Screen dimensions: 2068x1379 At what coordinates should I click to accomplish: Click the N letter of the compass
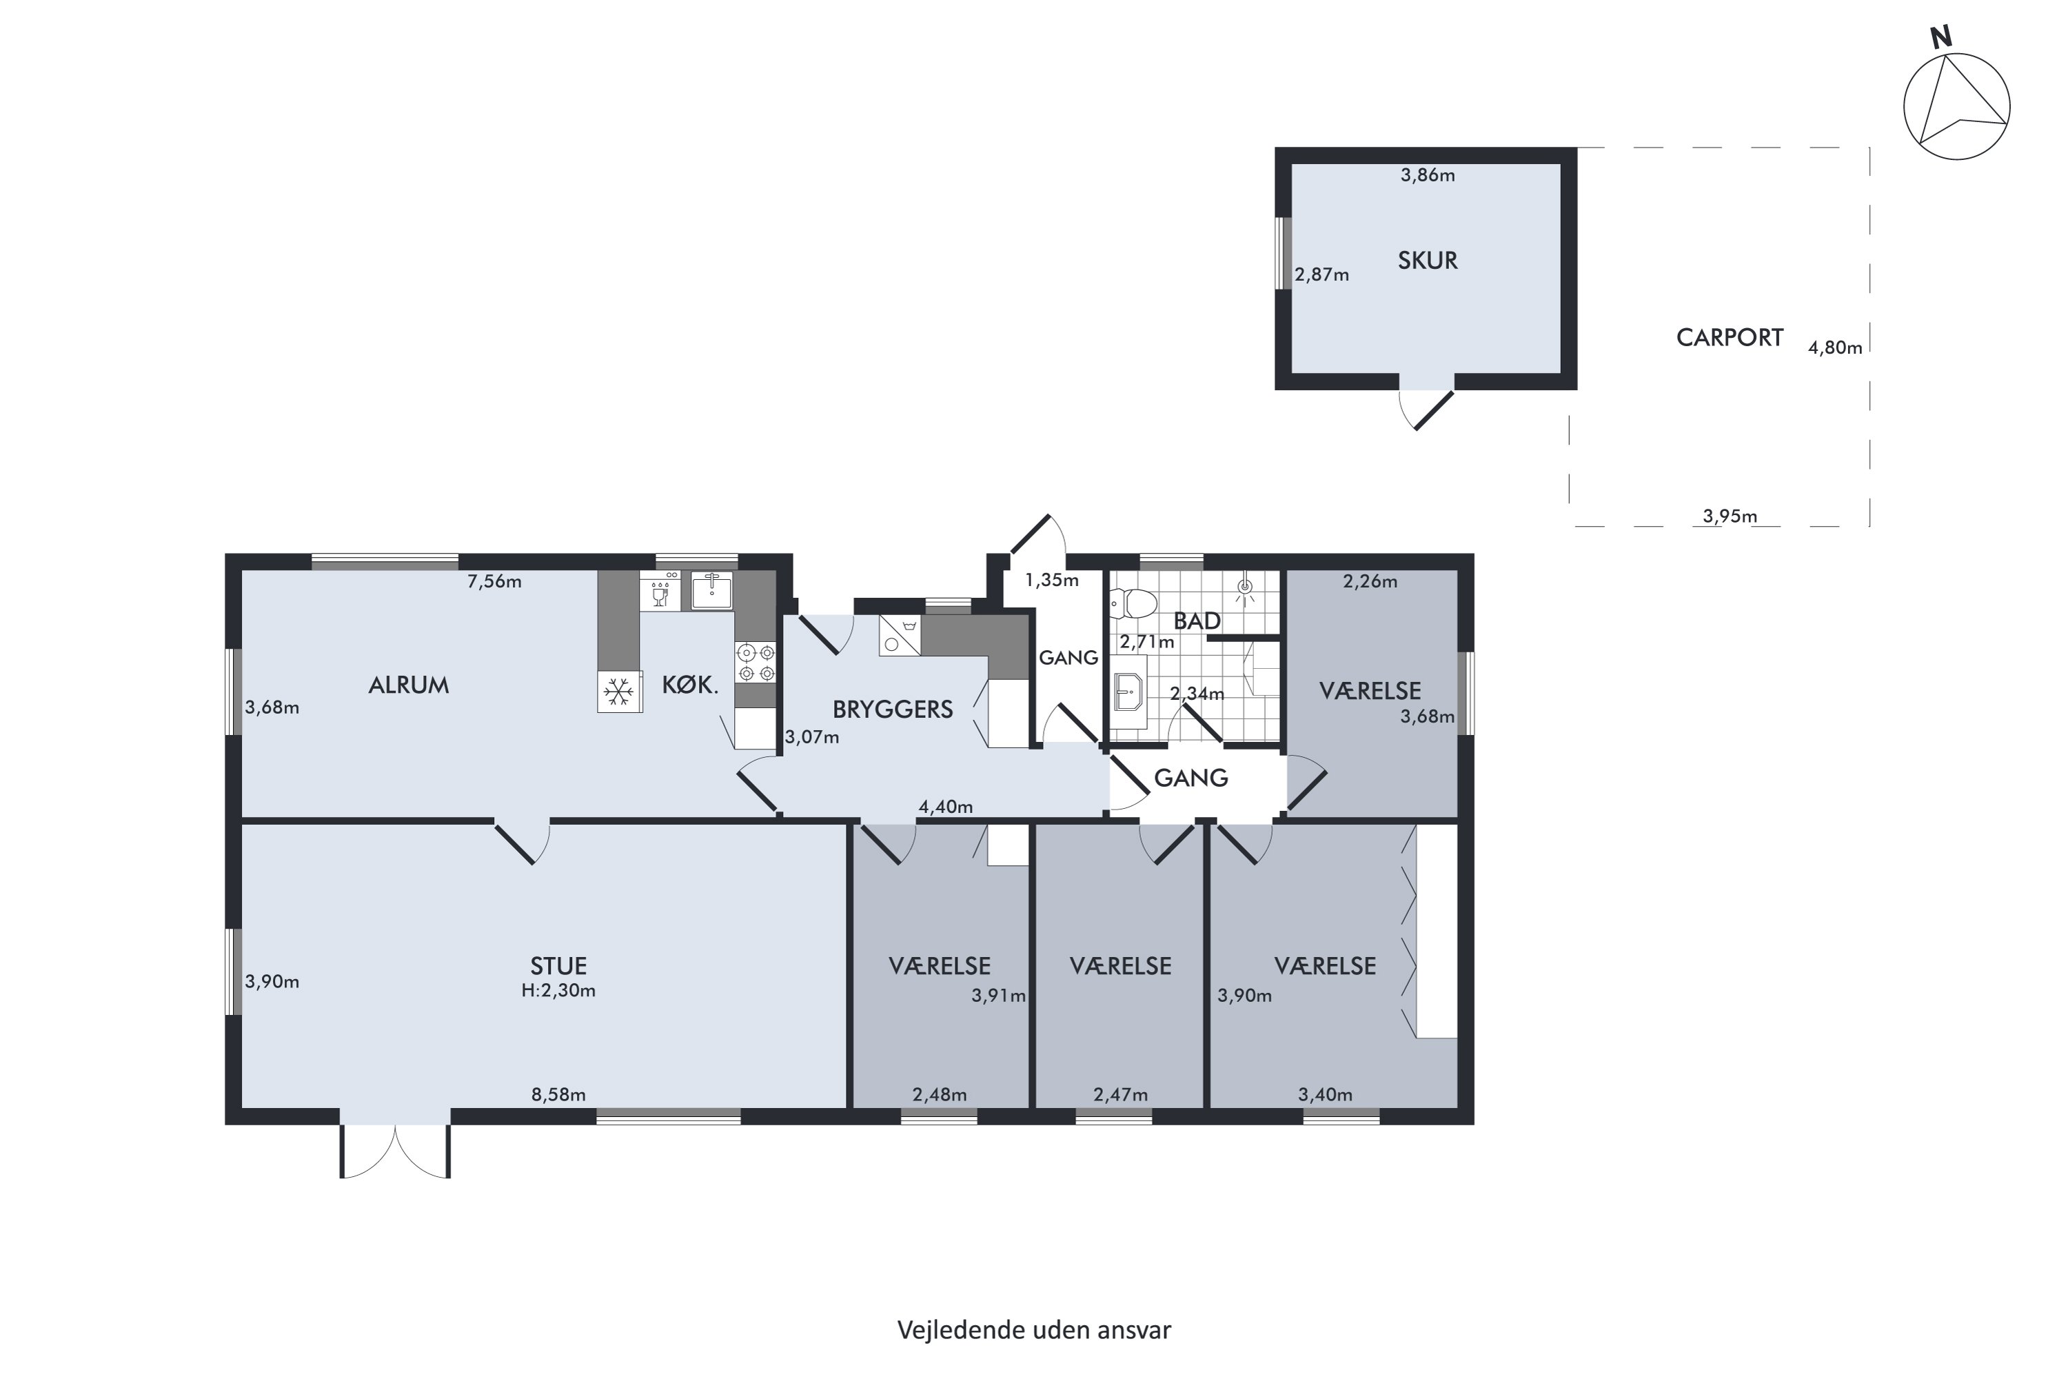(1940, 37)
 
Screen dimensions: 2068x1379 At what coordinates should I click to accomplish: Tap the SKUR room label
(1427, 261)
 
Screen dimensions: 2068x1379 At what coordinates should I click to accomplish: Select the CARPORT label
(1730, 338)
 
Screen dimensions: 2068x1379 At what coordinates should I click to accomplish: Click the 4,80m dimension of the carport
(1835, 348)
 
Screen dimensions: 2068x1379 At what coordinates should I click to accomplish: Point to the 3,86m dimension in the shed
(1427, 175)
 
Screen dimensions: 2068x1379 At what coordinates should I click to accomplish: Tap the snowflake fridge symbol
(619, 692)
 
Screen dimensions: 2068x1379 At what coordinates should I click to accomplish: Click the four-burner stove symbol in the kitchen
(756, 662)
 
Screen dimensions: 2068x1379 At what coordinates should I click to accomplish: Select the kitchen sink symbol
(711, 590)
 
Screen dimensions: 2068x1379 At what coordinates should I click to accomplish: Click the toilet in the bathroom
(1133, 603)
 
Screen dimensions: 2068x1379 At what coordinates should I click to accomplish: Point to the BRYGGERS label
(893, 709)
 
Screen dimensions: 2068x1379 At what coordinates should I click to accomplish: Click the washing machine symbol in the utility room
(900, 635)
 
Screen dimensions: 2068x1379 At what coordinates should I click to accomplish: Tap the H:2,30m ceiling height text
(558, 990)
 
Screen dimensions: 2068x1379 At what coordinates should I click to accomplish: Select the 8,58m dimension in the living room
(558, 1095)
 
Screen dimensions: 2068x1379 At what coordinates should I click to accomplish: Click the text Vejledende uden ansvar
(1034, 1331)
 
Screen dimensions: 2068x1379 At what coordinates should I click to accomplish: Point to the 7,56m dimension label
(494, 581)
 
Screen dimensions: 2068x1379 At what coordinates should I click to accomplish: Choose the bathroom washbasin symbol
(1128, 701)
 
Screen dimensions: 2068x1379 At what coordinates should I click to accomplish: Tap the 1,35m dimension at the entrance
(1052, 581)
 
